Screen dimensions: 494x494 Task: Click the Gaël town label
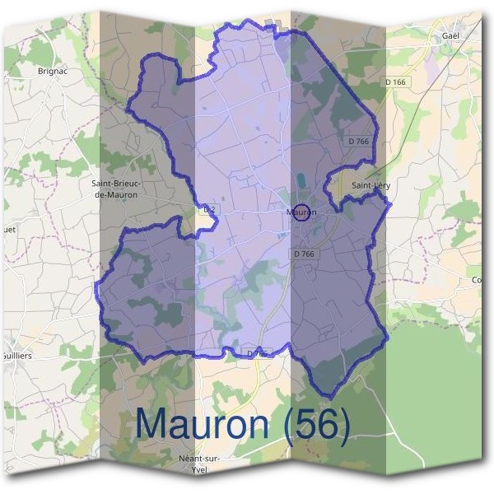tap(449, 36)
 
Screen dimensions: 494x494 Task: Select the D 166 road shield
tap(395, 82)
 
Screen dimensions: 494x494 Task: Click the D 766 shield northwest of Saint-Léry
tap(358, 142)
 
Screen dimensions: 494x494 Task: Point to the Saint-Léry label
tap(370, 186)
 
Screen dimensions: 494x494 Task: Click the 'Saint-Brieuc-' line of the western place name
tap(117, 184)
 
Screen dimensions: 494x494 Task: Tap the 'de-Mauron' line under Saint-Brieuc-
tap(117, 195)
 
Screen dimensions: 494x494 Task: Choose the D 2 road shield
tap(209, 210)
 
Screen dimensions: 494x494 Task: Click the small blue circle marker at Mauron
tap(301, 212)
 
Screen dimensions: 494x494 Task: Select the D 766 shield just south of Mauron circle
tap(304, 254)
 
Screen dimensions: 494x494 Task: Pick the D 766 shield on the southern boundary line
tap(258, 353)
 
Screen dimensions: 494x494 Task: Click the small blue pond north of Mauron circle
tap(302, 180)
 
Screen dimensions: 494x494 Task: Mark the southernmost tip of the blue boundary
tap(328, 398)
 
